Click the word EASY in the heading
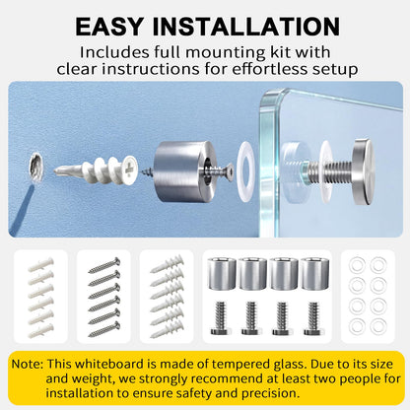coord(109,27)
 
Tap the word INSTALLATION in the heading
coord(246,27)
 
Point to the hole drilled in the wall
coord(35,167)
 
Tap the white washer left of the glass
coord(245,171)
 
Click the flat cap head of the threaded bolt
coord(363,171)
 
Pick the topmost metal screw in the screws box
coord(104,265)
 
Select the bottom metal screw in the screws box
coord(104,329)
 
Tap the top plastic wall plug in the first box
coord(40,264)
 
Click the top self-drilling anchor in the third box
coord(167,263)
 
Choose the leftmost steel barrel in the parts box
coord(222,274)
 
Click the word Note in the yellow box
coord(28,364)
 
